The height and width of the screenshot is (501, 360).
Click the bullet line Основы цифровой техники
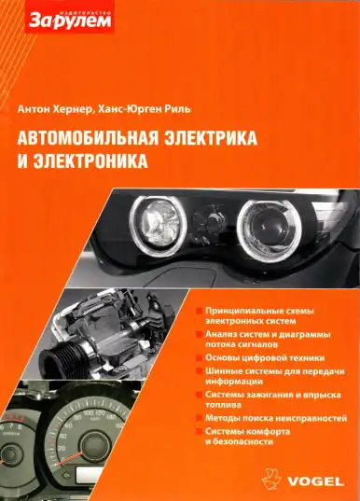[265, 357]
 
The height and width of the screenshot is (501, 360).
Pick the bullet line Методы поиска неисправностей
[276, 419]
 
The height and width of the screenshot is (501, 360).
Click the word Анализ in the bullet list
[224, 333]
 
